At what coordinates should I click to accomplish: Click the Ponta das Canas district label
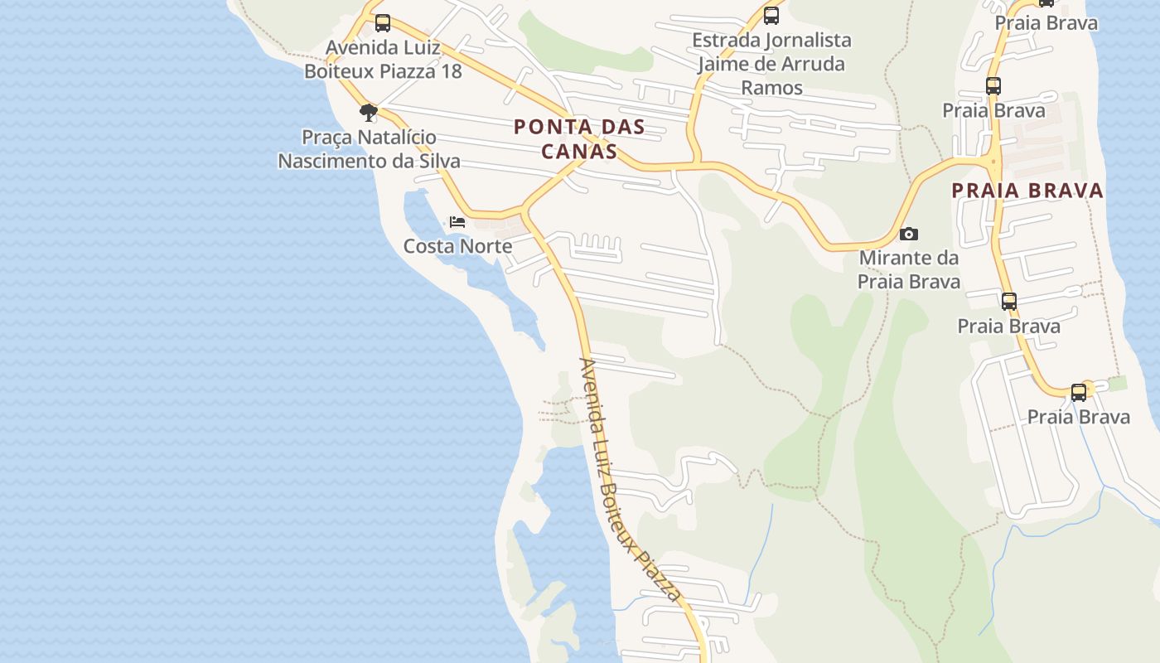[x=578, y=139]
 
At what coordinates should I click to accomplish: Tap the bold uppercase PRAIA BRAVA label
[x=1027, y=191]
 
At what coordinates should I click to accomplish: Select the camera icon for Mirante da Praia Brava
[x=909, y=234]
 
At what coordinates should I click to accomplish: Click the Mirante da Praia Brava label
[x=909, y=269]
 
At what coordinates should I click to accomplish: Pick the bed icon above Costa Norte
[x=457, y=222]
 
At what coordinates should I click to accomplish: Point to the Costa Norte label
[x=457, y=246]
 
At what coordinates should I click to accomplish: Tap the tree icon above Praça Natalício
[x=369, y=112]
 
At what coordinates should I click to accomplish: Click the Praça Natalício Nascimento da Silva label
[x=369, y=148]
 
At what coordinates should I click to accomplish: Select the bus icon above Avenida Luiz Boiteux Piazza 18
[x=382, y=23]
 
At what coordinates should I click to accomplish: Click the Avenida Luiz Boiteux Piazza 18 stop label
[x=383, y=59]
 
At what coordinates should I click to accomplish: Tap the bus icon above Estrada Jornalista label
[x=771, y=16]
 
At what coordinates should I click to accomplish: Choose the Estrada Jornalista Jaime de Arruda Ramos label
[x=771, y=64]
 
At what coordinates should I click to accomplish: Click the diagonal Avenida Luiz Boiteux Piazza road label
[x=630, y=479]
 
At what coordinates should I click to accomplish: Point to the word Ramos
[x=771, y=88]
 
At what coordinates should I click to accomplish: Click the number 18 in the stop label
[x=451, y=71]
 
